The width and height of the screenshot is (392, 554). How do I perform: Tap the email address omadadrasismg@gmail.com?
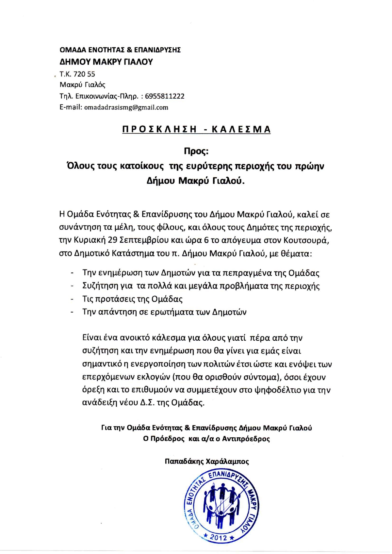pyautogui.click(x=126, y=107)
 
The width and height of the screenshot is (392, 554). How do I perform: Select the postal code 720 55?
pyautogui.click(x=84, y=74)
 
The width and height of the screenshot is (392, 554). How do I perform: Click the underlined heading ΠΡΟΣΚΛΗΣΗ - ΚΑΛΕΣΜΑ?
pyautogui.click(x=196, y=130)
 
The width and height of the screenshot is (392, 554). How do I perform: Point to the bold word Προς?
pyautogui.click(x=195, y=152)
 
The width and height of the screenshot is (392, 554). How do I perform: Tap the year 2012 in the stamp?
pyautogui.click(x=219, y=537)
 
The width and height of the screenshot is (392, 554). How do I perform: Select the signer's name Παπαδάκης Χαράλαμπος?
pyautogui.click(x=207, y=462)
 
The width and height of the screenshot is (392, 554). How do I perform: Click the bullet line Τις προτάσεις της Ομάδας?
pyautogui.click(x=132, y=299)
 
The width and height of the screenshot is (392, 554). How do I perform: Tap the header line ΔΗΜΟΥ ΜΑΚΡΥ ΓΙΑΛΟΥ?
pyautogui.click(x=106, y=62)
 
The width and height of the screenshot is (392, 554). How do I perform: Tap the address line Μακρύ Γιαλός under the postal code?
pyautogui.click(x=82, y=85)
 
